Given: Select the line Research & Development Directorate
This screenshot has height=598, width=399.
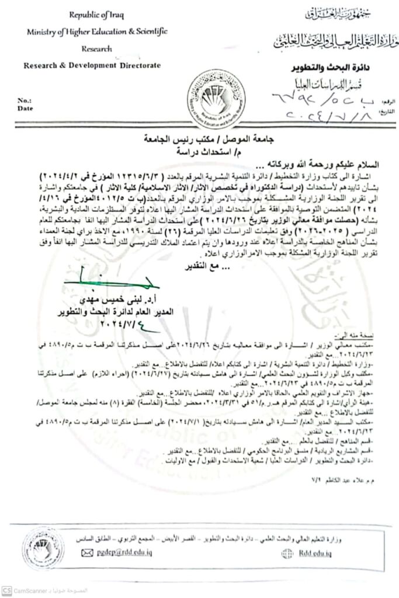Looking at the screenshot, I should click(x=92, y=66).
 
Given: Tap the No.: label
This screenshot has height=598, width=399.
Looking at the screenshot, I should click(x=26, y=100).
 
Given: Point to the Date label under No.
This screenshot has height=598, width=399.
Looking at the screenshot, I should click(x=26, y=108).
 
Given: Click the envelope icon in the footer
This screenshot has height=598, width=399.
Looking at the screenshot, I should click(x=88, y=552).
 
